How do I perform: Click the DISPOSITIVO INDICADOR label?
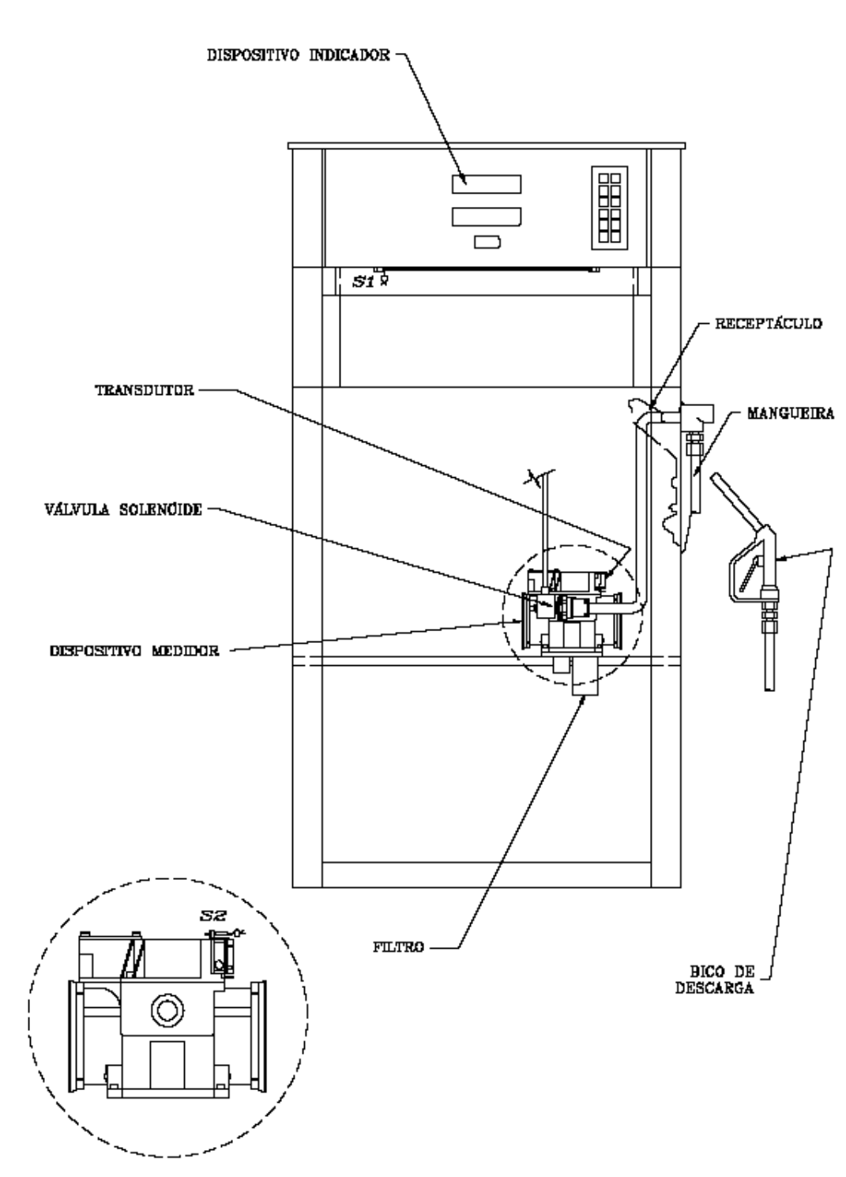[x=299, y=55]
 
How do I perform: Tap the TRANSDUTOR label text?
[x=145, y=390]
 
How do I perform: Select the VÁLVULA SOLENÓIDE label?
[x=123, y=510]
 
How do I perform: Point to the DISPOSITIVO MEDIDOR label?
[x=134, y=651]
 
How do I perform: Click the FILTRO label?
[x=398, y=947]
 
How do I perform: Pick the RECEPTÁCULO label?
[x=769, y=323]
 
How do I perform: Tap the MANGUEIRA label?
[x=791, y=413]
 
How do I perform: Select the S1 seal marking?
[x=363, y=282]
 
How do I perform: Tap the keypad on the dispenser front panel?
[x=610, y=208]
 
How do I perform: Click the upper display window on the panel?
[x=487, y=184]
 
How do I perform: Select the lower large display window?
[x=487, y=217]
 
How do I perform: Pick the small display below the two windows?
[x=487, y=243]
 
